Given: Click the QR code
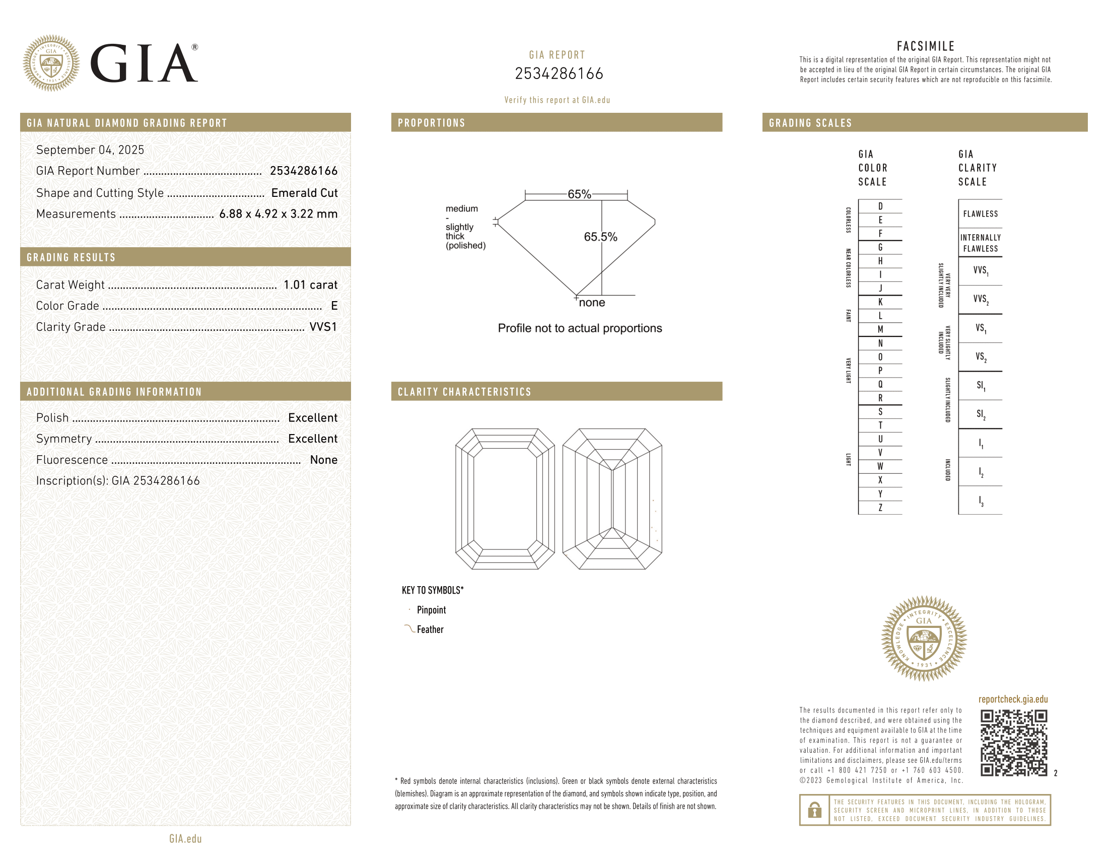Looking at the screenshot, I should point(1013,742).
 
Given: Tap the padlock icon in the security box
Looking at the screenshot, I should point(815,810).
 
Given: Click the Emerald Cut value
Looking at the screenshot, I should point(304,193).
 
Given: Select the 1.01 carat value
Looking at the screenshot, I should point(310,284).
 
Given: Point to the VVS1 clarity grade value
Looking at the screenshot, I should point(323,327).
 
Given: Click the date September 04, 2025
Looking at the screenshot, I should point(90,150).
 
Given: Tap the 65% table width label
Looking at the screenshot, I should point(579,194).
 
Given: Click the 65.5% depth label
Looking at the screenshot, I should point(600,237).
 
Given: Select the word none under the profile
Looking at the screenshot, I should point(592,303).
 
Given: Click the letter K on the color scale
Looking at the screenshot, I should point(880,302).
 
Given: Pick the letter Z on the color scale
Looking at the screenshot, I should point(880,508).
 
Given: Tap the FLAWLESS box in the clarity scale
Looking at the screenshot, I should point(980,214).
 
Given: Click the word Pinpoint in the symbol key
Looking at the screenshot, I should point(431,610).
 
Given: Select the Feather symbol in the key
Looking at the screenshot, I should point(409,629).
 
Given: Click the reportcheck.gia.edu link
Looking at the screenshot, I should point(1013,699).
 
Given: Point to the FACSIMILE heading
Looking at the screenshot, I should point(925,46).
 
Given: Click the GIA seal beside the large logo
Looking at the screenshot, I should point(51,63).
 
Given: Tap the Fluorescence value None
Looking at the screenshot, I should point(323,459).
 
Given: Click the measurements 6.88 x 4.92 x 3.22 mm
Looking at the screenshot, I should point(278,214).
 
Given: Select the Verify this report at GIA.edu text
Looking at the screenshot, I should point(557,100).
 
